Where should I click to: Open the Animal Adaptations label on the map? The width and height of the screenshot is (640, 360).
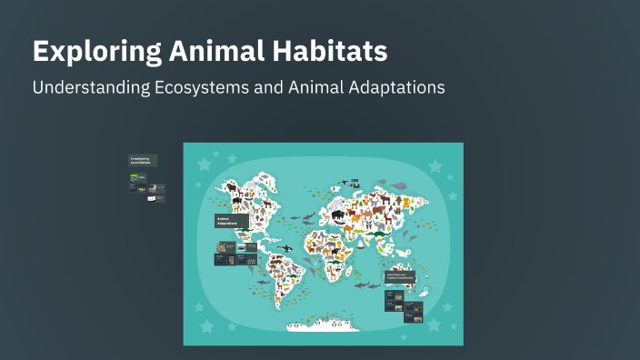pos(231,221)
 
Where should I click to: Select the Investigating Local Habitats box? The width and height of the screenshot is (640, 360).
pos(143,160)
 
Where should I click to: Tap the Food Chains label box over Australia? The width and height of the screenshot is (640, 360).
pos(400,275)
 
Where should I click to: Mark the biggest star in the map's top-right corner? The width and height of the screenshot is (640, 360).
pos(435,166)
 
